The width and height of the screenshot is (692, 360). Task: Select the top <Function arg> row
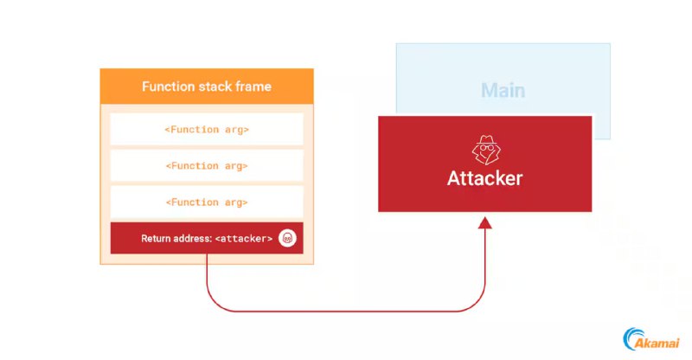tap(207, 129)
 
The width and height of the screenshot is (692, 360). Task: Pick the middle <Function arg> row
tap(207, 165)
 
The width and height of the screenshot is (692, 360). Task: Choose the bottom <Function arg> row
tap(207, 202)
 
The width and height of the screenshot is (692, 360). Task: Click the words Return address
tap(176, 239)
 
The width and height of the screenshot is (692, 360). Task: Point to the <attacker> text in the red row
tap(244, 239)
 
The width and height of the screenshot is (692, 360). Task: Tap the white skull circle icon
tap(287, 238)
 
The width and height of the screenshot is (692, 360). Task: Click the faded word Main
tap(503, 91)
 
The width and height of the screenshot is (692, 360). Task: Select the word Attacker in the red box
tap(485, 178)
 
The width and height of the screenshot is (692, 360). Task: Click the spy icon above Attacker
tap(485, 151)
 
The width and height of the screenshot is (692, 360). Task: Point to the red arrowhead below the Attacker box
tap(485, 222)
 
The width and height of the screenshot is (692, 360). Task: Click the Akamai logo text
tap(657, 343)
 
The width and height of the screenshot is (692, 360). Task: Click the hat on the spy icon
tap(486, 140)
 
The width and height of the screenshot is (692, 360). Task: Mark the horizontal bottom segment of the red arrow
tap(346, 312)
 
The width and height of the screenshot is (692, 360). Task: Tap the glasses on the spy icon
tap(487, 147)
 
